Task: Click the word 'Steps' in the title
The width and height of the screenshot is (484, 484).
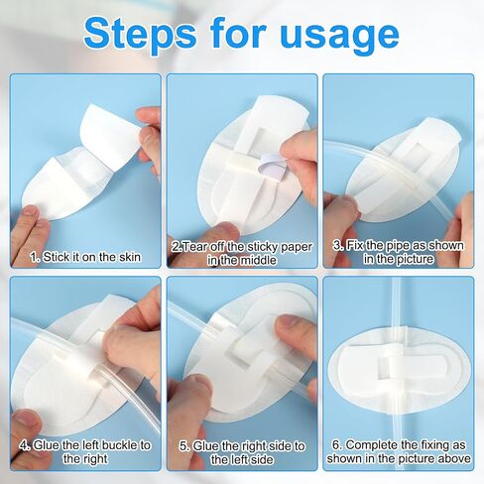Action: pos(140,34)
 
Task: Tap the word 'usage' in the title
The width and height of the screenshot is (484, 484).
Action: pos(340,36)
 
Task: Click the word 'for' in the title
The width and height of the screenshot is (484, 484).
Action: pos(238,32)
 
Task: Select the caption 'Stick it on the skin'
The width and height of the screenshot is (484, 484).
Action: pos(91,257)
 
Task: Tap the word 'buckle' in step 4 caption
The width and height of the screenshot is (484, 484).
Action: pos(120,445)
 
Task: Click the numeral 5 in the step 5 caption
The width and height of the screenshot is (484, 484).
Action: pos(183,446)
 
